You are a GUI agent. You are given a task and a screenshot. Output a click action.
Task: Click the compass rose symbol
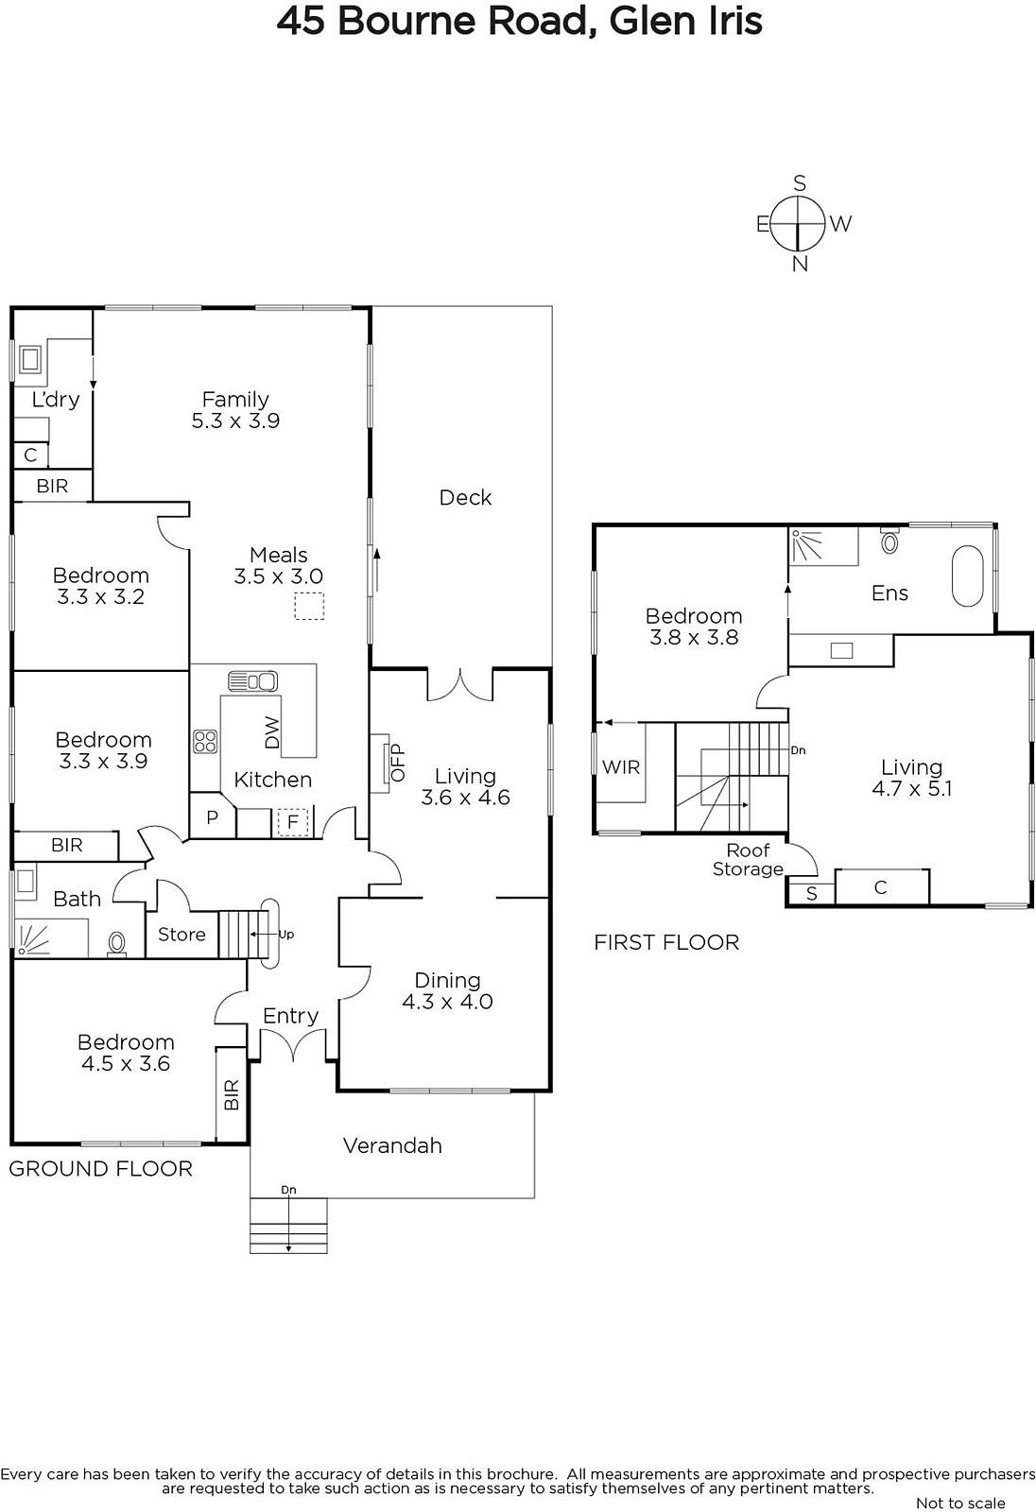tap(799, 223)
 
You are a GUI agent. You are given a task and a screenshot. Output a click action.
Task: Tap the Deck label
tap(465, 497)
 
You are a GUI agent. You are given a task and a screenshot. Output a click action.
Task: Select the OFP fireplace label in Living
tap(397, 763)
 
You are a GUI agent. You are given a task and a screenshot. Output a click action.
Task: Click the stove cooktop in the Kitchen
tap(205, 742)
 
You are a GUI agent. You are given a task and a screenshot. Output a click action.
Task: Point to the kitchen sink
tap(252, 681)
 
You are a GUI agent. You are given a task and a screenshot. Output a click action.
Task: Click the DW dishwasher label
tap(272, 731)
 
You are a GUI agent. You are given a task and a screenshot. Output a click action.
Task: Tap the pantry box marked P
tap(212, 816)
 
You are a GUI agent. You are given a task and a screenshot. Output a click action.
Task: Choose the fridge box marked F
tap(292, 822)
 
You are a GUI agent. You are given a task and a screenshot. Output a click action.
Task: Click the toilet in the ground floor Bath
tap(117, 944)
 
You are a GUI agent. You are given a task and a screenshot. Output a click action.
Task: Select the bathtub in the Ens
tap(967, 576)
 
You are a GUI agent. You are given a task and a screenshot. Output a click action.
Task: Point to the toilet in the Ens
tap(889, 541)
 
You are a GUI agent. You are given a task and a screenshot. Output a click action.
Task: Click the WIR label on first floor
tap(621, 767)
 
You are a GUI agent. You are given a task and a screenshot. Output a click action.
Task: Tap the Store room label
tap(181, 935)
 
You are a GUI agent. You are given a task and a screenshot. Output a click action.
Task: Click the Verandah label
tap(392, 1145)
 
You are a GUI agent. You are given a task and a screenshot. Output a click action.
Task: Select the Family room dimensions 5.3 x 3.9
tap(235, 421)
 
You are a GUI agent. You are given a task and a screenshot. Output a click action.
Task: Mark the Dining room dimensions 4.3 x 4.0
tap(447, 1001)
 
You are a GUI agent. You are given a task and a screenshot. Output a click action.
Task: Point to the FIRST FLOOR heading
tap(666, 942)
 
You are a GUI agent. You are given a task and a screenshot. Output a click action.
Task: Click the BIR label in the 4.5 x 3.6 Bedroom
tap(231, 1094)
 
